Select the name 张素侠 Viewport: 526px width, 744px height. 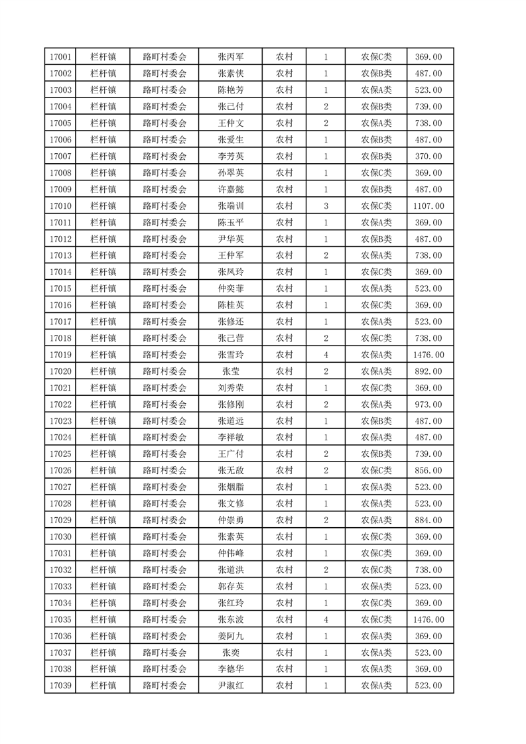tap(230, 74)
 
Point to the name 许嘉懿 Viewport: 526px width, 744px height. tap(230, 189)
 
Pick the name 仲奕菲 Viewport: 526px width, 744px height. tap(230, 288)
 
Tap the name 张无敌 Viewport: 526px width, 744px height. tap(230, 470)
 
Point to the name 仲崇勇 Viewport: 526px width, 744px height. tap(230, 520)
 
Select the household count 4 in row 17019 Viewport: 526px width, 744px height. tap(326, 355)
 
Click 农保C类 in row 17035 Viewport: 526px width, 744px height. tap(376, 619)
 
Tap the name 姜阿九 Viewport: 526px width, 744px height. tap(230, 636)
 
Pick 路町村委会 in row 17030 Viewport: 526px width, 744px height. tap(165, 536)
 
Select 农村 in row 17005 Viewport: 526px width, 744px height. tap(284, 123)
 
